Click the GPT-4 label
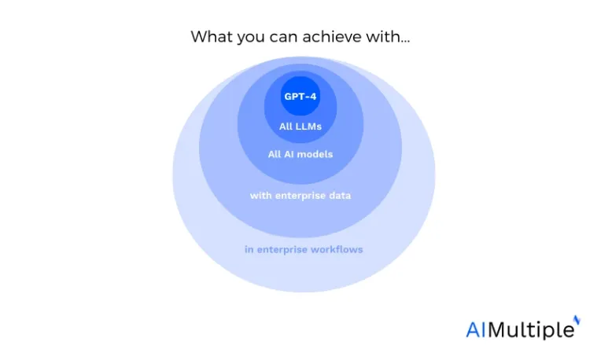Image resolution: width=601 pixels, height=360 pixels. pos(300,96)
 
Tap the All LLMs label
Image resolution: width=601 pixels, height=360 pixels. pos(300,127)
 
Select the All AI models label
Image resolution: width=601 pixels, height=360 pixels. pos(300,154)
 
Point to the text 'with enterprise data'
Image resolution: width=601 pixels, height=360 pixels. pos(300,196)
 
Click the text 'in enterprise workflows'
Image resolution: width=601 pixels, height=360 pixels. pos(304,250)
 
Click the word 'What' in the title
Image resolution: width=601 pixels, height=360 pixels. pos(212,37)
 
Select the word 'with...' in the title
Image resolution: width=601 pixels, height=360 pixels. pos(388,37)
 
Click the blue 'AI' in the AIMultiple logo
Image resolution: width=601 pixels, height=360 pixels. pos(476,330)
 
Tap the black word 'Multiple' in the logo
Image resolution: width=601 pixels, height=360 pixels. pos(531,330)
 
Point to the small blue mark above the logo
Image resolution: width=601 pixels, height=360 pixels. pos(577,320)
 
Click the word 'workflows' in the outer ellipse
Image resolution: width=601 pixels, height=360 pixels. pos(337,249)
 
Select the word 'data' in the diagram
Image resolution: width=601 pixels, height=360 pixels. pos(339,195)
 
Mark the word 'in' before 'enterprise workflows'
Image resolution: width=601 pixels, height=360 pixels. pos(249,249)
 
